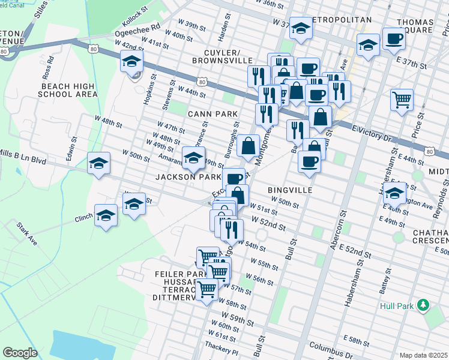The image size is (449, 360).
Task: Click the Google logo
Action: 20,353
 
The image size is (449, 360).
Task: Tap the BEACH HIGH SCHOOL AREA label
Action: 69,90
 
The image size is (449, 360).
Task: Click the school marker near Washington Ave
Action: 394,193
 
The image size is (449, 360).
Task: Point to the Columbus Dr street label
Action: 329,347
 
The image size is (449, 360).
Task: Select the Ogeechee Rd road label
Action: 139,27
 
